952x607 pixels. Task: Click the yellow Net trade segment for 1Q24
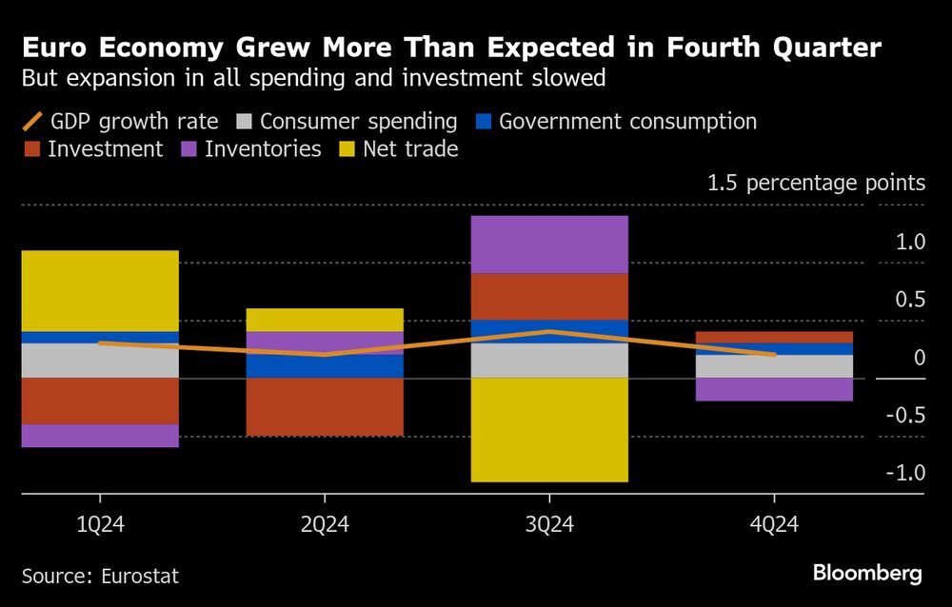click(x=100, y=290)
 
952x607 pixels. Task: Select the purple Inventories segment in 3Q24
click(x=549, y=245)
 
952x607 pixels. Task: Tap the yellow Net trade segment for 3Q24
click(x=549, y=429)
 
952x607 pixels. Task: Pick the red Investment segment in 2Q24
click(x=325, y=407)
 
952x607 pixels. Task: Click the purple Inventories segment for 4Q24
click(x=774, y=389)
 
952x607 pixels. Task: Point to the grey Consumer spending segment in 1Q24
click(x=100, y=361)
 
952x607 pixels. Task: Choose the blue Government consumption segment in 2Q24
click(x=325, y=366)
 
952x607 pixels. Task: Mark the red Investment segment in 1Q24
click(x=100, y=401)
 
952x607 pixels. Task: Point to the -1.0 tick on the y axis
click(x=904, y=473)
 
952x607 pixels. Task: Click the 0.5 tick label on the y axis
click(x=907, y=300)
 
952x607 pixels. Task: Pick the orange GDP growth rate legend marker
click(x=31, y=122)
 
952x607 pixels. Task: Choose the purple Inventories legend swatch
click(x=189, y=149)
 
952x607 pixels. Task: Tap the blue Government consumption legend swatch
click(x=485, y=122)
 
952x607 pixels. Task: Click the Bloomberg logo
click(x=867, y=573)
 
